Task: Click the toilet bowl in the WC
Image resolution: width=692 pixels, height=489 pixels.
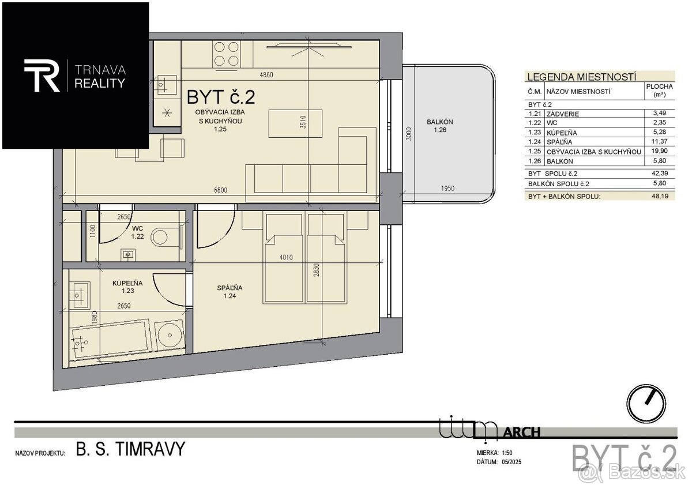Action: pyautogui.click(x=160, y=237)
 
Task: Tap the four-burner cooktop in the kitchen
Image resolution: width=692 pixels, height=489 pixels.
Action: pyautogui.click(x=227, y=54)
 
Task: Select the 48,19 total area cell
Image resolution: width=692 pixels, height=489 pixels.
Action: pyautogui.click(x=660, y=196)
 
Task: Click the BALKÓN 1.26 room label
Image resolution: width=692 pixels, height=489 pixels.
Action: pyautogui.click(x=439, y=126)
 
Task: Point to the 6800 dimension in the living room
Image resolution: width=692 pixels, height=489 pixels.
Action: pyautogui.click(x=220, y=190)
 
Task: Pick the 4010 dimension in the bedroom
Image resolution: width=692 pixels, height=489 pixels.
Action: pyautogui.click(x=286, y=257)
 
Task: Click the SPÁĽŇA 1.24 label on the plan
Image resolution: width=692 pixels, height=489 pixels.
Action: pyautogui.click(x=230, y=292)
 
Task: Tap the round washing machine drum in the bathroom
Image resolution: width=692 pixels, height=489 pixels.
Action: pyautogui.click(x=170, y=335)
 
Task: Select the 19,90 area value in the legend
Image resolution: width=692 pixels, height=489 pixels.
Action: pyautogui.click(x=660, y=151)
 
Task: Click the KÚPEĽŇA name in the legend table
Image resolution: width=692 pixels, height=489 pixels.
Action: pyautogui.click(x=562, y=133)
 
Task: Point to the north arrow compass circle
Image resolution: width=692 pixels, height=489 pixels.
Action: pyautogui.click(x=646, y=404)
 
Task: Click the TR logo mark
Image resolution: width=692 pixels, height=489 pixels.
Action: pyautogui.click(x=42, y=76)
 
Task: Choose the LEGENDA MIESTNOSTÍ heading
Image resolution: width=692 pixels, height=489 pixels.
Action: pyautogui.click(x=581, y=77)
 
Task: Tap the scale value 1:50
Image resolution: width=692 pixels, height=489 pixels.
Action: pyautogui.click(x=507, y=453)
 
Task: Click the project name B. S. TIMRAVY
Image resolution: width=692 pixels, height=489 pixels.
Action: pyautogui.click(x=130, y=449)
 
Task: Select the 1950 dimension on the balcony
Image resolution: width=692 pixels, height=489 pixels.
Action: pyautogui.click(x=447, y=188)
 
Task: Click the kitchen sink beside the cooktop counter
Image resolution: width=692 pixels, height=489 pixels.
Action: pyautogui.click(x=166, y=85)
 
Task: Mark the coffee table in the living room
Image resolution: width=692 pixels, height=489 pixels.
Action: pyautogui.click(x=295, y=123)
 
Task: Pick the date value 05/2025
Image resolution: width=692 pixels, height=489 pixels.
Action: pyautogui.click(x=512, y=462)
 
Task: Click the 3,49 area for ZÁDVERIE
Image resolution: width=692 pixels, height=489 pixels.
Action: pyautogui.click(x=660, y=113)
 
